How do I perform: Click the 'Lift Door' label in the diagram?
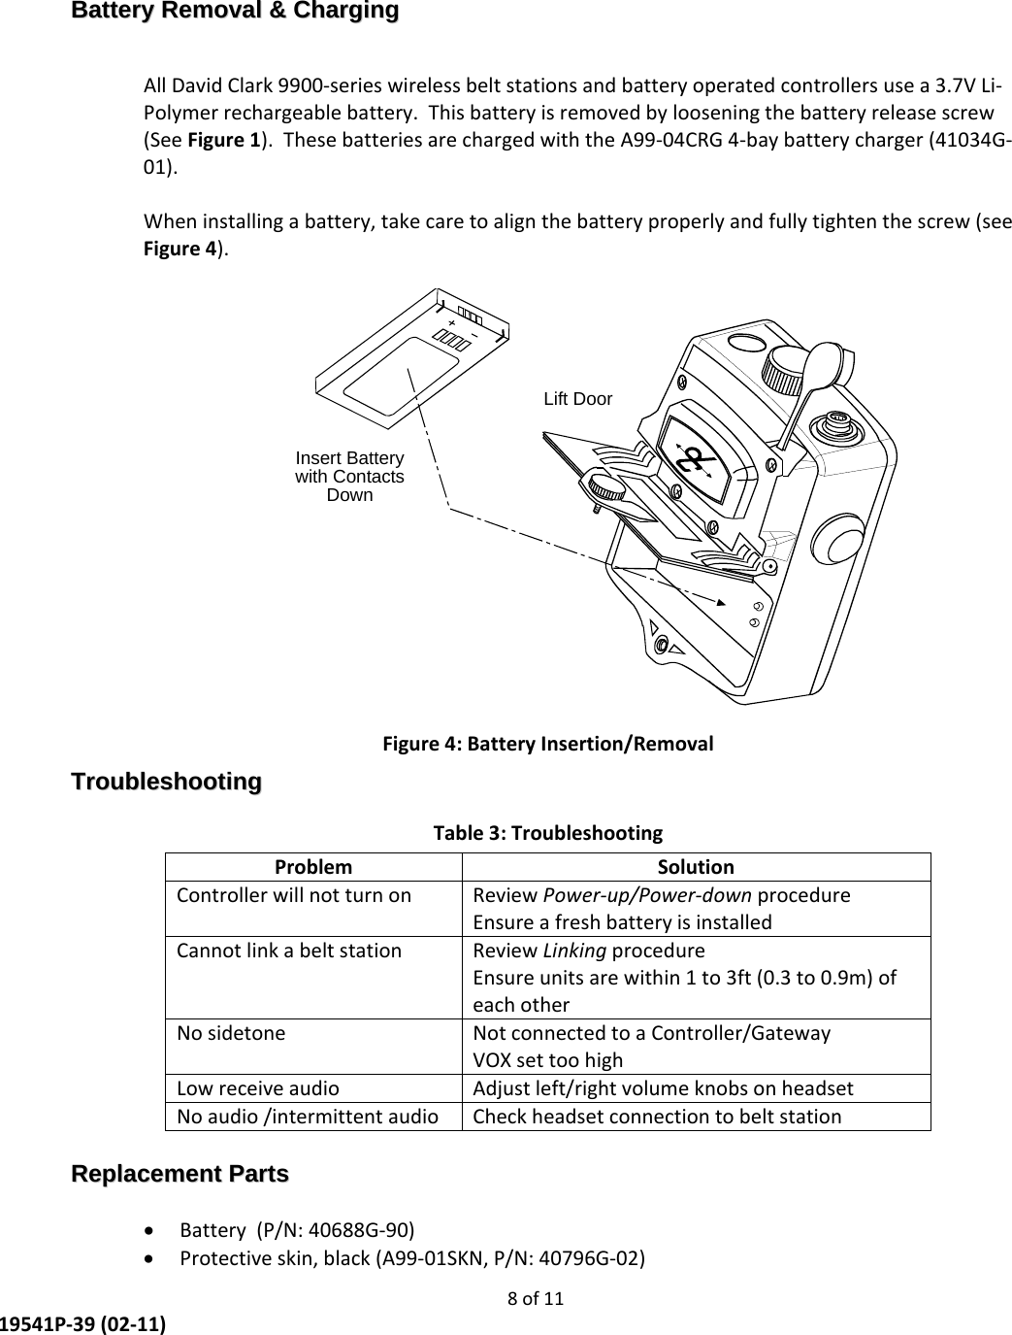[577, 399]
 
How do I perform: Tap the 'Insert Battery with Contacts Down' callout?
[349, 477]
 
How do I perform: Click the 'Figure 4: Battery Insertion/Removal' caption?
[548, 745]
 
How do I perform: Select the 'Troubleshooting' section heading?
[167, 782]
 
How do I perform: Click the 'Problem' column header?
[313, 866]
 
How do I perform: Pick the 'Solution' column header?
[696, 866]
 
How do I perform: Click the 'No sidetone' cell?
[231, 1033]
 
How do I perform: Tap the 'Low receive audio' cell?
[258, 1088]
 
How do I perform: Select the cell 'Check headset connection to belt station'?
[657, 1117]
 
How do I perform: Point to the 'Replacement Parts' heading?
[180, 1174]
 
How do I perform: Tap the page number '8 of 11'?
[536, 1298]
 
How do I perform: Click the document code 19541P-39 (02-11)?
[82, 1323]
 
